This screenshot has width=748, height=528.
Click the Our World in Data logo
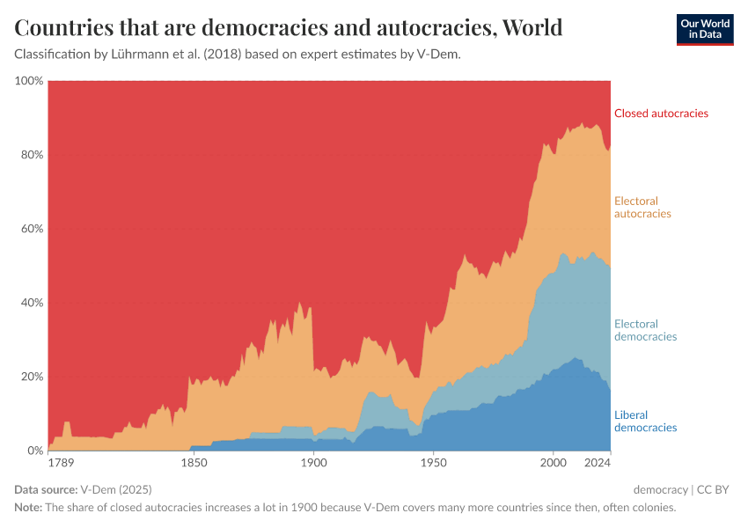[704, 29]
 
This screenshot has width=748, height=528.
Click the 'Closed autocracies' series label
[661, 114]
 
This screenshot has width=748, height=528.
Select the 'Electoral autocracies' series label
[642, 208]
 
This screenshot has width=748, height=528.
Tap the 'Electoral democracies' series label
[645, 330]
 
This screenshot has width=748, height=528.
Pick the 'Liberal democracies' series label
[645, 422]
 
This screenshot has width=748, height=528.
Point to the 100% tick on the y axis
[29, 81]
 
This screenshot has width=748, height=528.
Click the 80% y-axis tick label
[32, 155]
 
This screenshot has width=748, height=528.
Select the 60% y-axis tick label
[32, 229]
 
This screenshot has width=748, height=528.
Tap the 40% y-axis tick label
[32, 303]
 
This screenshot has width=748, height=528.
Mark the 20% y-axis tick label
[32, 377]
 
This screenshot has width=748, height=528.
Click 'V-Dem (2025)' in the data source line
[116, 489]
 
